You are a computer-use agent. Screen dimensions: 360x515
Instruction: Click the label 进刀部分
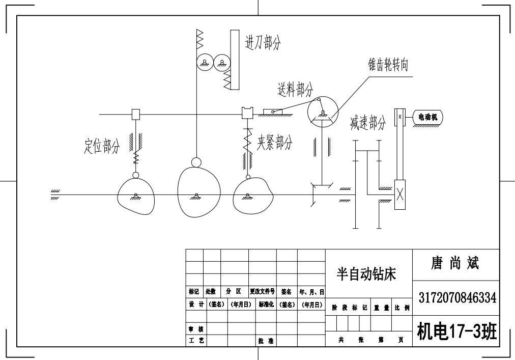pyautogui.click(x=263, y=43)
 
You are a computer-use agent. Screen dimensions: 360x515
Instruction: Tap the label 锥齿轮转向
pyautogui.click(x=388, y=65)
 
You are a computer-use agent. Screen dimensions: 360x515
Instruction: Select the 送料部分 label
pyautogui.click(x=295, y=90)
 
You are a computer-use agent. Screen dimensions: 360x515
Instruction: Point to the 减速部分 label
pyautogui.click(x=368, y=123)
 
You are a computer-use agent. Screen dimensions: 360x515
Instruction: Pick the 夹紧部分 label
pyautogui.click(x=275, y=143)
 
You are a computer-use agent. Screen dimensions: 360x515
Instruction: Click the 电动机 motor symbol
pyautogui.click(x=427, y=117)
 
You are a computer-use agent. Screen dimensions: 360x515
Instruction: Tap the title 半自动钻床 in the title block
pyautogui.click(x=366, y=274)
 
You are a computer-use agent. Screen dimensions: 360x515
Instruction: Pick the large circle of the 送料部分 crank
pyautogui.click(x=323, y=111)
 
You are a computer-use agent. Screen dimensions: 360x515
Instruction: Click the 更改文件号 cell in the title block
pyautogui.click(x=262, y=292)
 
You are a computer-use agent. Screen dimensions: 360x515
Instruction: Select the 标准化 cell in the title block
pyautogui.click(x=267, y=304)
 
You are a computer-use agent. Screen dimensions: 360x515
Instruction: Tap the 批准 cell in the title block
pyautogui.click(x=266, y=341)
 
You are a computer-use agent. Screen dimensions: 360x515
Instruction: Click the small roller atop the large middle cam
pyautogui.click(x=196, y=162)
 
